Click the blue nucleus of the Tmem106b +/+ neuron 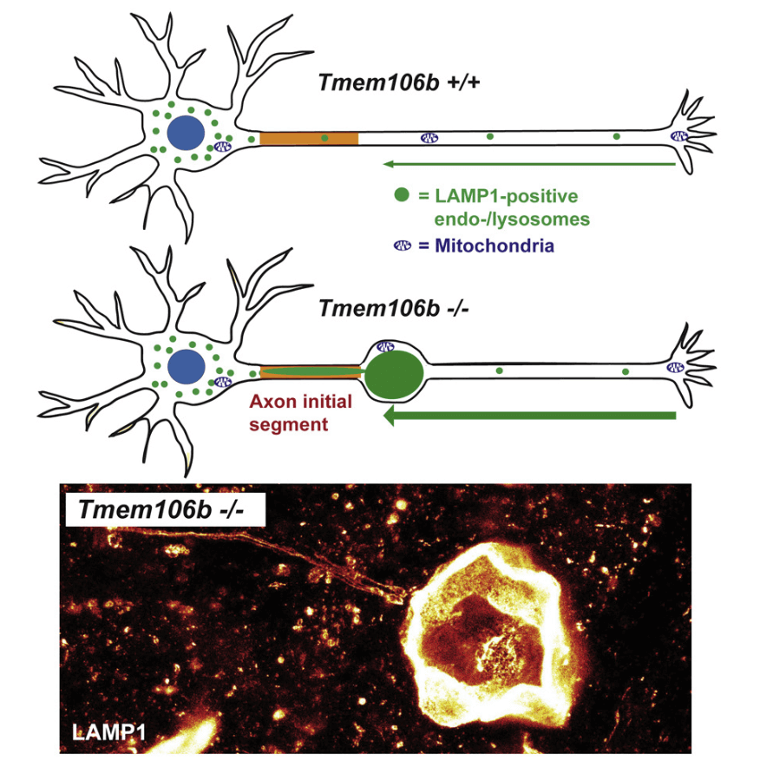coord(186,134)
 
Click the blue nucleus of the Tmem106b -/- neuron coord(187,368)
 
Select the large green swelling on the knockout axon coord(394,374)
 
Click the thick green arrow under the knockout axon coord(529,416)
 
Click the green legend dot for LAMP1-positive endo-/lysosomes coord(400,195)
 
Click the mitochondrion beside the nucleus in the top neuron coord(223,145)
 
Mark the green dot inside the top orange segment coord(324,138)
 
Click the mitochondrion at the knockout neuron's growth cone coord(676,367)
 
